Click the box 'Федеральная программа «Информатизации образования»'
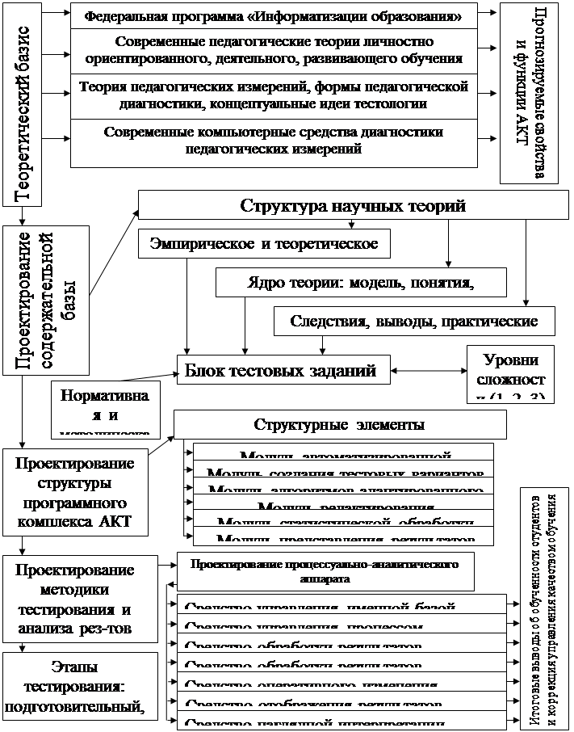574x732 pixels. [273, 16]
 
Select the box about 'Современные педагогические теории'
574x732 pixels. [273, 49]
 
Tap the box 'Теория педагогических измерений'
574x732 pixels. [273, 95]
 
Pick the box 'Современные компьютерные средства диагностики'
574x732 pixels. [273, 141]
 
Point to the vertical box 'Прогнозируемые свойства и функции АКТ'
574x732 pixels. [529, 90]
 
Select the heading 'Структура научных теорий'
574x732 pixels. [353, 206]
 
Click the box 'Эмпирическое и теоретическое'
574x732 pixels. [264, 243]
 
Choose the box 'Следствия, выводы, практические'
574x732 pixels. [425, 322]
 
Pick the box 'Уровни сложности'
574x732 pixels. [511, 372]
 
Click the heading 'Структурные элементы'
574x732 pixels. [340, 424]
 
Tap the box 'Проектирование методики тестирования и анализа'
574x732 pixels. [74, 596]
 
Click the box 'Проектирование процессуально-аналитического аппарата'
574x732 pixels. [325, 570]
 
